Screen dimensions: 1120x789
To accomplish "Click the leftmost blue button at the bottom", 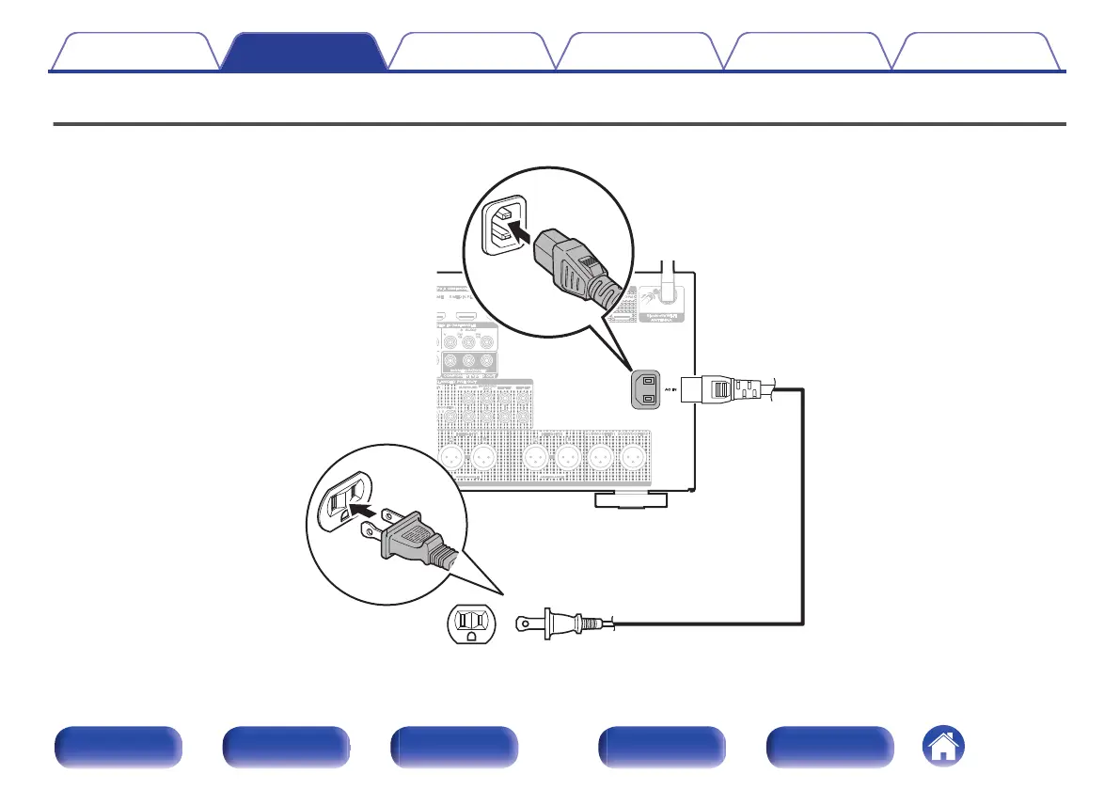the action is pos(117,749).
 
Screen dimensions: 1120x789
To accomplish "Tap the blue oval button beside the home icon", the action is pos(829,749).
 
